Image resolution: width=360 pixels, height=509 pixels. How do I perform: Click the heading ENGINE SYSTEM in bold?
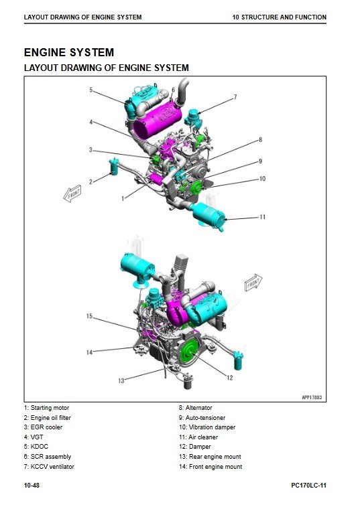tap(69, 52)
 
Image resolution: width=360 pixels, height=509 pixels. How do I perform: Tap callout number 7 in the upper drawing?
tap(235, 96)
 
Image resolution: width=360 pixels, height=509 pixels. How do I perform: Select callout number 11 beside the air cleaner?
tap(263, 217)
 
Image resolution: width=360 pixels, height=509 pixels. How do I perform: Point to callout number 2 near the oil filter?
tap(91, 181)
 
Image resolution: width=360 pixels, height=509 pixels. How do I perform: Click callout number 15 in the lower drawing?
tap(89, 316)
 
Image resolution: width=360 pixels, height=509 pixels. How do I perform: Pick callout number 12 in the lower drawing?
tap(230, 378)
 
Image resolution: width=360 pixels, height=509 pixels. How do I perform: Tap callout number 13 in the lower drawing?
tap(121, 380)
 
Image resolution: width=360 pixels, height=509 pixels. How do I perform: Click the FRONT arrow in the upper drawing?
tap(72, 194)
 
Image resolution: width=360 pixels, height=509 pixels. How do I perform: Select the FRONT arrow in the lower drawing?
tap(253, 283)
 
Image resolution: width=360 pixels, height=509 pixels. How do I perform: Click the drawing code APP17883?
tap(312, 397)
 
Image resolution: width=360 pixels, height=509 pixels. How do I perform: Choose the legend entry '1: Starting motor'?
tap(46, 408)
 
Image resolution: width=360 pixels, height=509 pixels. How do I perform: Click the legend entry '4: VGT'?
tap(34, 437)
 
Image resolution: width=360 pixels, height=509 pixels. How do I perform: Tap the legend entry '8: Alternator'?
tap(195, 408)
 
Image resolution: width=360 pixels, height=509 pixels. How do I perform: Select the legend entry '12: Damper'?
tap(195, 447)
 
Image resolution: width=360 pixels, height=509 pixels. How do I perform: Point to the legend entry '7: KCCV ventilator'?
tap(49, 467)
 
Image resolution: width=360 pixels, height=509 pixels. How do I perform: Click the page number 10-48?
tap(32, 486)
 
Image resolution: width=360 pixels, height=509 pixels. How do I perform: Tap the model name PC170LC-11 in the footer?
tap(308, 486)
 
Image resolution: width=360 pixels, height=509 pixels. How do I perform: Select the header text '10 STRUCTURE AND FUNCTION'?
tap(280, 17)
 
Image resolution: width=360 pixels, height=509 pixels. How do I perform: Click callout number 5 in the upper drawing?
tap(91, 90)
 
